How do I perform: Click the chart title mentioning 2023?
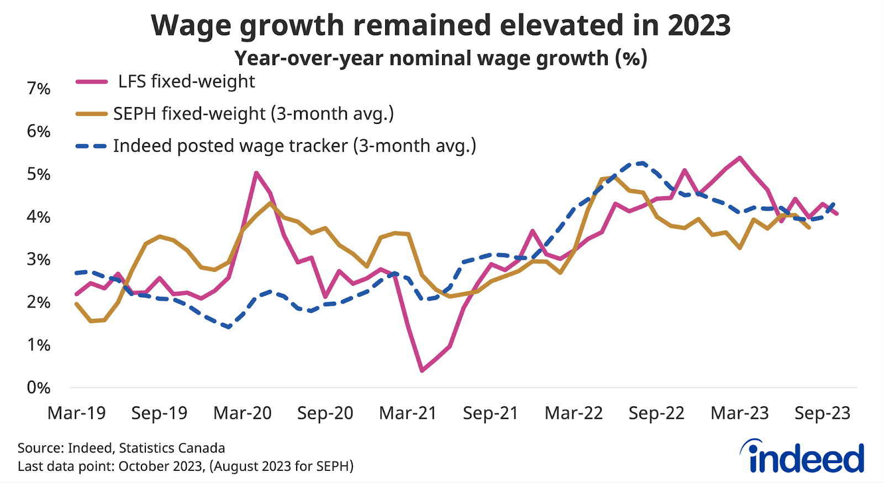441,25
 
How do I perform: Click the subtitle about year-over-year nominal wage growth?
441,58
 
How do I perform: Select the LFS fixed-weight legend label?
186,81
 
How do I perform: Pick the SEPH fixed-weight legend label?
253,113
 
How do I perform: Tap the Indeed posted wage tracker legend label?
294,145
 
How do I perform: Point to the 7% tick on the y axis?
38,88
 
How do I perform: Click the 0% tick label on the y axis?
38,387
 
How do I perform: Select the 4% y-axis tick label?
38,217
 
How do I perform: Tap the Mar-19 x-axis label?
76,413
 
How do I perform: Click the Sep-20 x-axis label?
325,413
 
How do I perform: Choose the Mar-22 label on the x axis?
573,413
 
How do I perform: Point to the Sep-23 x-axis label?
822,413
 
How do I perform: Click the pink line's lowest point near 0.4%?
422,370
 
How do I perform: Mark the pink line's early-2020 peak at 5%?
256,172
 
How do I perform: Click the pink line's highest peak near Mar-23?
740,158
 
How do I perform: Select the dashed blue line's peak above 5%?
642,162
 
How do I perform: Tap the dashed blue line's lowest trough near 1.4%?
229,327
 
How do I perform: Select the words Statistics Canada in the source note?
172,448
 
